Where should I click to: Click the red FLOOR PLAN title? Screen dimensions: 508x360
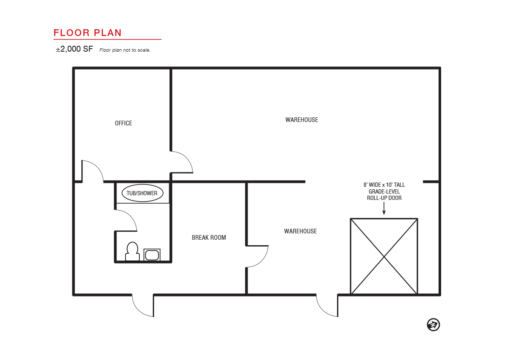pos(88,33)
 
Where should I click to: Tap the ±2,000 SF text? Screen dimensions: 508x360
pos(75,49)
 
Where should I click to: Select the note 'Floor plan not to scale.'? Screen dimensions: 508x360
pos(125,50)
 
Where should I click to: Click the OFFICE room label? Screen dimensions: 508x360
pos(123,123)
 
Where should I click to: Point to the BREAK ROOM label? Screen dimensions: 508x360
pos(209,238)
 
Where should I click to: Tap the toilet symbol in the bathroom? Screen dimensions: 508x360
pos(133,252)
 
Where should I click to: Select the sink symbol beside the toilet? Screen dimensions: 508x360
pos(152,255)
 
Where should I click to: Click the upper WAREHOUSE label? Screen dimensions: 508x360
pos(301,120)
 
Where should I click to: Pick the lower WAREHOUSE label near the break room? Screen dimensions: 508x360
pos(301,231)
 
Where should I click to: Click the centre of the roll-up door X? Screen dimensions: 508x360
pos(384,257)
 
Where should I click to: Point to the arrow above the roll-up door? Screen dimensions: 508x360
pos(384,208)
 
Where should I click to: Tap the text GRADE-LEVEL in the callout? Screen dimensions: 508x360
pos(384,191)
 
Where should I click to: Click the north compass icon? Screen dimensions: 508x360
pos(433,324)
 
